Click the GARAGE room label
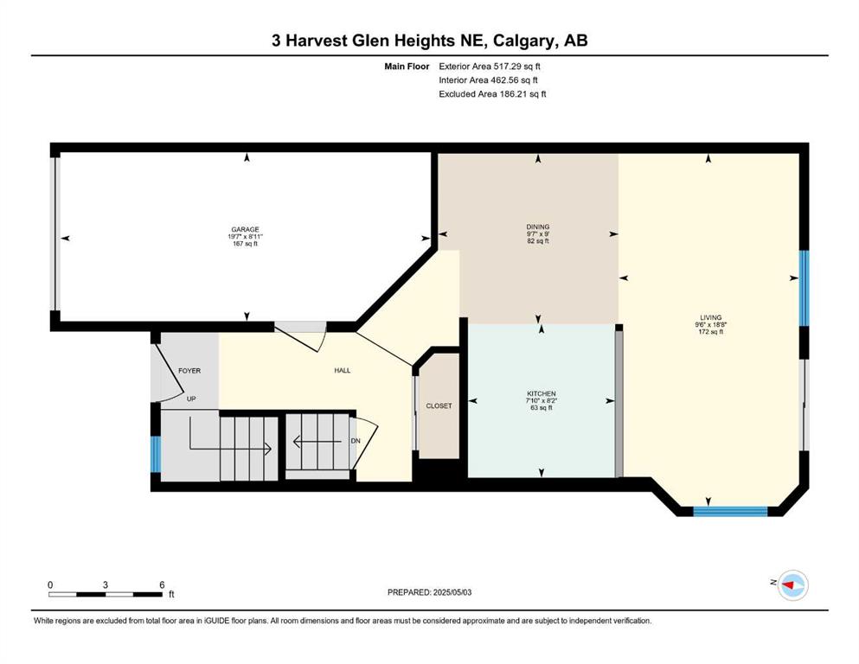(x=245, y=229)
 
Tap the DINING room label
(x=537, y=227)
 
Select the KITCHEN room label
(x=542, y=393)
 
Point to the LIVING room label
(x=710, y=317)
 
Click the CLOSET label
(x=439, y=405)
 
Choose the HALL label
(x=343, y=371)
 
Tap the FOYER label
(x=189, y=371)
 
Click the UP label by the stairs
(x=191, y=399)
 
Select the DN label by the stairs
(x=356, y=441)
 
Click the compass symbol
(x=792, y=585)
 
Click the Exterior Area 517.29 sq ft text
(x=490, y=67)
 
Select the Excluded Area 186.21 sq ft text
(x=492, y=93)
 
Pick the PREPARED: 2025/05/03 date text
(x=429, y=592)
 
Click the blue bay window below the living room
(x=730, y=512)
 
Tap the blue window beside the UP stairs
(x=156, y=453)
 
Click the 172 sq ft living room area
(x=710, y=332)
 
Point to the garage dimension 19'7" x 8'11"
(x=246, y=237)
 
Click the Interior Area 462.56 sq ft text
(x=488, y=80)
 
